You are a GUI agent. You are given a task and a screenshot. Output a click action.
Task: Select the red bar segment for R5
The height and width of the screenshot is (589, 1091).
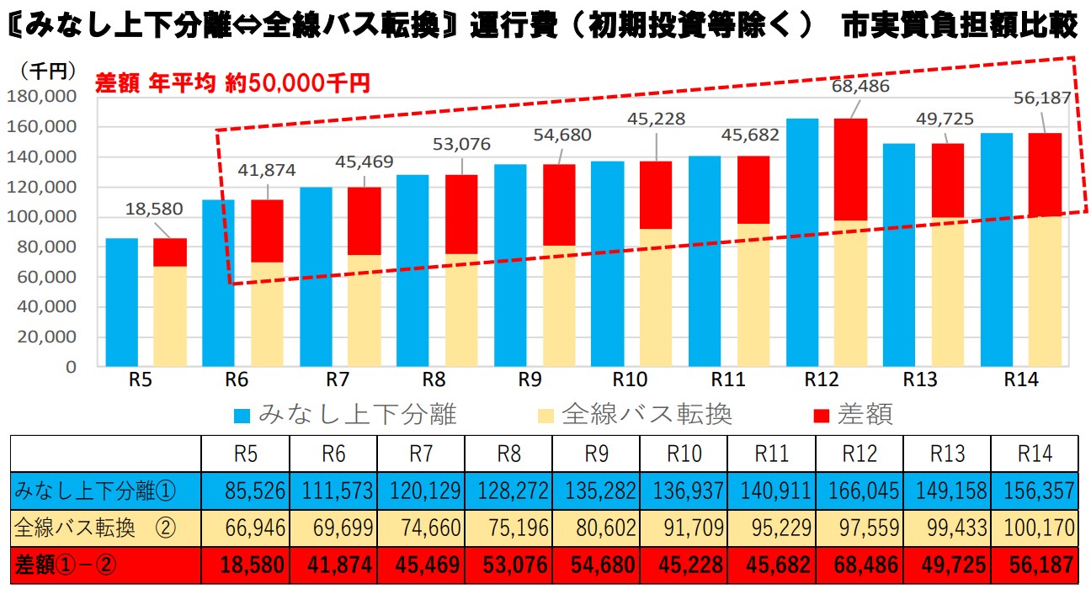[x=170, y=252]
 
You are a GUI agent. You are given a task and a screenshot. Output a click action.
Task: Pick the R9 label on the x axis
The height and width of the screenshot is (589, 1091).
[x=529, y=379]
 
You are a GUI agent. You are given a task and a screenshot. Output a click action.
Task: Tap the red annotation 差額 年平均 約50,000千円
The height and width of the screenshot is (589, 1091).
[x=232, y=82]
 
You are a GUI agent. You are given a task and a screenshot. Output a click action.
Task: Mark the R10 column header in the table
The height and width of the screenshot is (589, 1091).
[x=684, y=454]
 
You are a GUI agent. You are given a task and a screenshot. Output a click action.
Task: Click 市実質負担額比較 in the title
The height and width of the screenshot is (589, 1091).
[x=961, y=26]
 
